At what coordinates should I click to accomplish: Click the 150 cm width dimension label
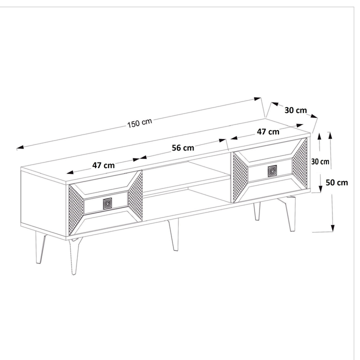coord(139,123)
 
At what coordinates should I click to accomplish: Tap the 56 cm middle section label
coord(183,148)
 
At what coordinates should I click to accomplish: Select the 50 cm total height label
coord(337,182)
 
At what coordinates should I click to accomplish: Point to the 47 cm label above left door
coord(103,165)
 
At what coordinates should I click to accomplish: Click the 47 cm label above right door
coord(268,132)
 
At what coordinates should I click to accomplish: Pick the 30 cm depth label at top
coord(295,110)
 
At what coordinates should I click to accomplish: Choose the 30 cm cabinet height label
coord(320,161)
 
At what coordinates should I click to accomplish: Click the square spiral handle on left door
coord(107,203)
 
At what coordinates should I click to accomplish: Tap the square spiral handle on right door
coord(272,171)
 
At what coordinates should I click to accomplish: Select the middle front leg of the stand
coord(173,234)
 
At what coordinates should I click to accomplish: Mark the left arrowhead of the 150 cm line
coord(20,147)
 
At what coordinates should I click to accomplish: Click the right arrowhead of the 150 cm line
coord(257,99)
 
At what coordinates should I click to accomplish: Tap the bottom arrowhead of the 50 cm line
coord(332,228)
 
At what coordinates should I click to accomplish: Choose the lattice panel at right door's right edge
coord(299,163)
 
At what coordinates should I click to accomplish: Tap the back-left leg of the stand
coord(40,247)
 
